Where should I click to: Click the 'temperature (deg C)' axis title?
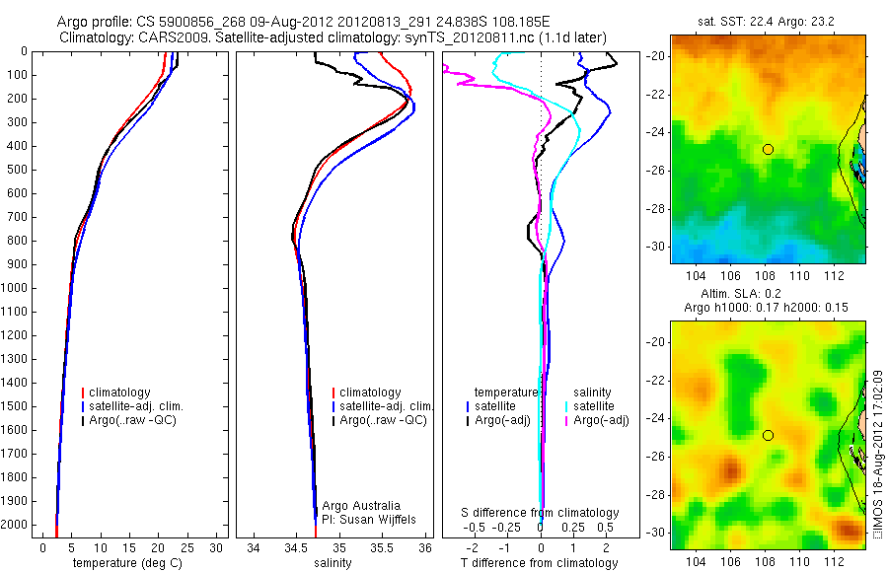(x=125, y=563)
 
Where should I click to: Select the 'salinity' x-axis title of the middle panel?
(x=333, y=563)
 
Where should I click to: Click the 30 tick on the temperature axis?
(x=217, y=547)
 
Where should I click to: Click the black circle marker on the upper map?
(x=768, y=149)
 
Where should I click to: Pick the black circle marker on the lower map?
(x=768, y=435)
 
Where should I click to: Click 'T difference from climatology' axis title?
(x=541, y=563)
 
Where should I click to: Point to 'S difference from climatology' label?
(x=541, y=513)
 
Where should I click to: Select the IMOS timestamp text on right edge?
(x=877, y=456)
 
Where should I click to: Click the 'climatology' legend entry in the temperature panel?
(x=122, y=393)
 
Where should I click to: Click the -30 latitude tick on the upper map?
(x=659, y=246)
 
